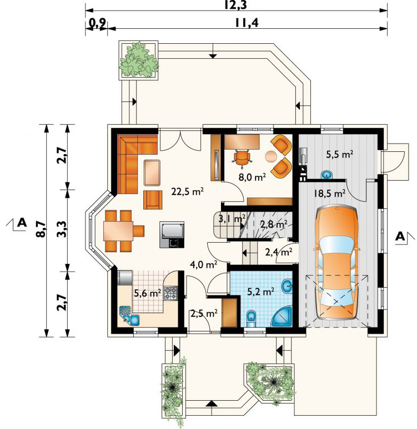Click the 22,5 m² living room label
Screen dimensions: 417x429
pyautogui.click(x=187, y=192)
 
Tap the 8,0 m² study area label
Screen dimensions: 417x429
pyautogui.click(x=252, y=177)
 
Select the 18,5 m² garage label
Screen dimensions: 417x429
pyautogui.click(x=329, y=193)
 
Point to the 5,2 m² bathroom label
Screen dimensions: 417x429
pyautogui.click(x=261, y=292)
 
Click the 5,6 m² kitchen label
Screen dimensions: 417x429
pyautogui.click(x=147, y=293)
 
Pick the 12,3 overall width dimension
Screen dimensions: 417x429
pyautogui.click(x=235, y=5)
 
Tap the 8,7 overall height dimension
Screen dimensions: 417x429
pyautogui.click(x=41, y=229)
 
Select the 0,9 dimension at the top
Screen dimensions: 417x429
pyautogui.click(x=98, y=23)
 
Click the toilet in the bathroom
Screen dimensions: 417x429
pyautogui.click(x=251, y=318)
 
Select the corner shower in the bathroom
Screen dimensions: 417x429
pyautogui.click(x=283, y=317)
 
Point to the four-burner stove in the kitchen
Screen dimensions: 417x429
pyautogui.click(x=170, y=293)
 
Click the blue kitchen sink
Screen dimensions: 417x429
pyautogui.click(x=130, y=316)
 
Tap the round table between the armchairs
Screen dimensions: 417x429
pyautogui.click(x=271, y=156)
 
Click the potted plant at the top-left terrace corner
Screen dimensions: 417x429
pyautogui.click(x=138, y=60)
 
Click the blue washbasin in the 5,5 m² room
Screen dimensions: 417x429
pyautogui.click(x=326, y=174)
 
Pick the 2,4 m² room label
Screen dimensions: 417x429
pyautogui.click(x=278, y=252)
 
